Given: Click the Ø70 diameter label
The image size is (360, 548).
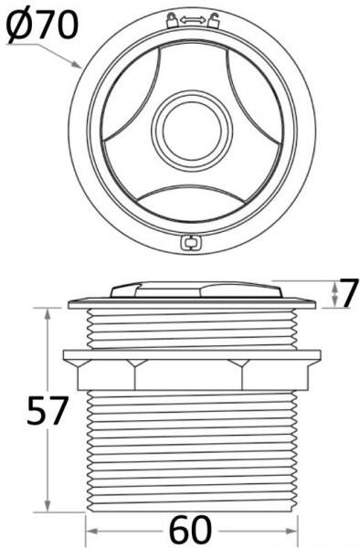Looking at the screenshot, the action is [42, 25].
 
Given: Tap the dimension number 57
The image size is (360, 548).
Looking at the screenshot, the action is [46, 409].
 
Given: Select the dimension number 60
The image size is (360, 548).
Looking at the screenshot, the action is [190, 531].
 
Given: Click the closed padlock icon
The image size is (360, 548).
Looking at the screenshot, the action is [172, 20].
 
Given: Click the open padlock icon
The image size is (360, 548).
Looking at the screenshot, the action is [213, 20].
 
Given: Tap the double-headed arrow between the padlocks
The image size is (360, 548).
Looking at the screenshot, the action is [192, 21].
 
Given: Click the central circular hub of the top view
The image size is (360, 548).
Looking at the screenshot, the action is [192, 127].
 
